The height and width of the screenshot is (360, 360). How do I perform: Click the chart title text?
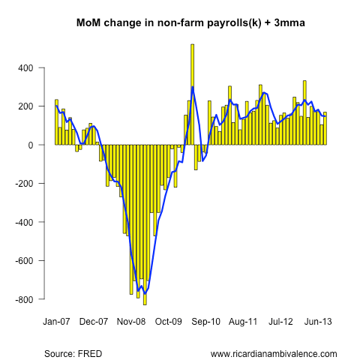point(180,23)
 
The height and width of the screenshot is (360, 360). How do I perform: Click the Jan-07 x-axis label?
point(56,322)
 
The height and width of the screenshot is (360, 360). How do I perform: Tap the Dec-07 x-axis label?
point(94,322)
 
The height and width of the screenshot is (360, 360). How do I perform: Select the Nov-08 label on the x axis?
point(130,322)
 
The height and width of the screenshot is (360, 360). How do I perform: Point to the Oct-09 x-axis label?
point(168,322)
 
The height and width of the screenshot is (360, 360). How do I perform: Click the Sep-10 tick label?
point(205,322)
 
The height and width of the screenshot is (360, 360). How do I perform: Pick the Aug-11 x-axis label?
point(243,322)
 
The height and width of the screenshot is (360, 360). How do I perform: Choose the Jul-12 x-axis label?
point(280,322)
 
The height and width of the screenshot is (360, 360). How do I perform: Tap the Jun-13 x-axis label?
point(318,322)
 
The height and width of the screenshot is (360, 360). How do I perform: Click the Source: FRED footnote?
point(73,353)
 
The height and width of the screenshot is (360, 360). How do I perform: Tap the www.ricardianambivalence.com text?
point(274,353)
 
